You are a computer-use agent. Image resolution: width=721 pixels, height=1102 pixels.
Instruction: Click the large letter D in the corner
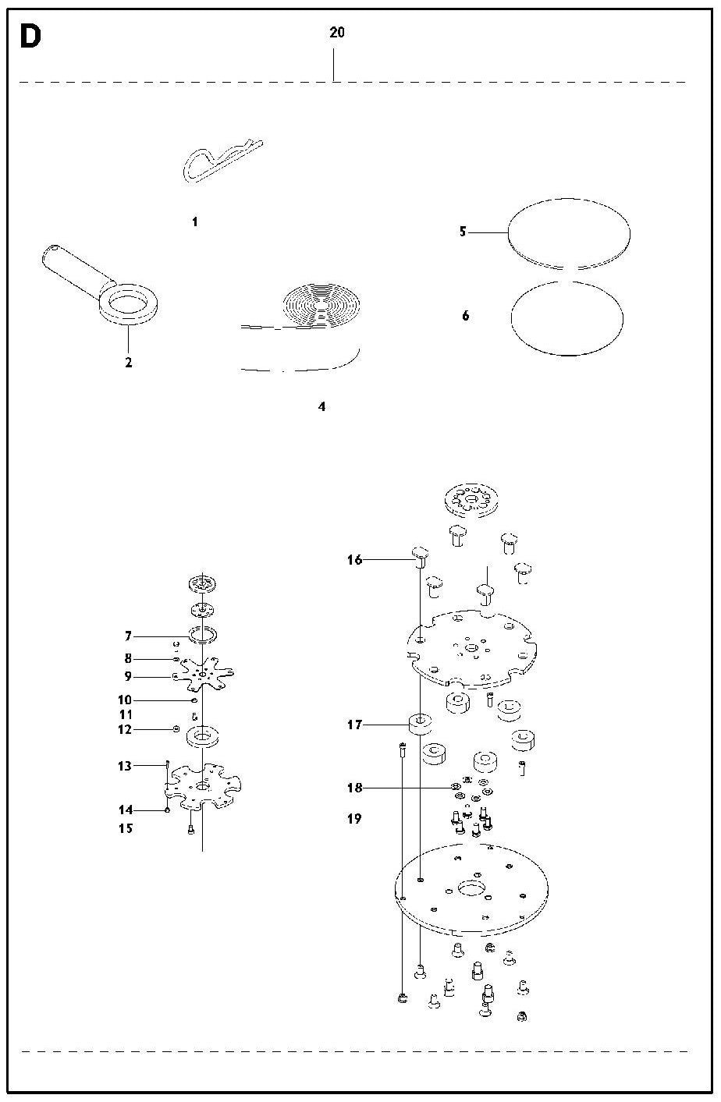pyautogui.click(x=30, y=37)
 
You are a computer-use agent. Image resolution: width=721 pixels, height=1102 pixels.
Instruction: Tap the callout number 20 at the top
pyautogui.click(x=337, y=33)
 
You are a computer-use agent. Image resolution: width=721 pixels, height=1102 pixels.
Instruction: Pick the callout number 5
pyautogui.click(x=463, y=231)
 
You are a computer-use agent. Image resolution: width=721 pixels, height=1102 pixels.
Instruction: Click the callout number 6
pyautogui.click(x=466, y=316)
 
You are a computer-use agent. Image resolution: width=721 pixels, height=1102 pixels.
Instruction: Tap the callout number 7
pyautogui.click(x=128, y=636)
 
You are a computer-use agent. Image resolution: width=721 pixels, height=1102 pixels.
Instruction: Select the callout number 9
pyautogui.click(x=128, y=676)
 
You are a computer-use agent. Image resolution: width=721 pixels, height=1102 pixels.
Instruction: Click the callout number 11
pyautogui.click(x=126, y=714)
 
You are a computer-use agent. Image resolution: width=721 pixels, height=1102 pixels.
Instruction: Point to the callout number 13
pyautogui.click(x=125, y=766)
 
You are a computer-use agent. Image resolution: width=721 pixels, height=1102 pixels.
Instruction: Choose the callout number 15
pyautogui.click(x=126, y=828)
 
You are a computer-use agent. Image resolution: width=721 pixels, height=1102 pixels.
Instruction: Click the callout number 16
pyautogui.click(x=354, y=560)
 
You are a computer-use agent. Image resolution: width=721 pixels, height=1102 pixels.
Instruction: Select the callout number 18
pyautogui.click(x=354, y=788)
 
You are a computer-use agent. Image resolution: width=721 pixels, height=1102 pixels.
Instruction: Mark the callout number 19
pyautogui.click(x=354, y=819)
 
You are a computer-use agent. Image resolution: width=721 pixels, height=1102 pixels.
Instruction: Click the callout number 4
pyautogui.click(x=321, y=406)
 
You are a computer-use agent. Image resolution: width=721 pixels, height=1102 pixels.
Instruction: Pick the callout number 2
pyautogui.click(x=129, y=363)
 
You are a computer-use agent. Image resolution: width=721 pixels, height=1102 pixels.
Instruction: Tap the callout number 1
pyautogui.click(x=195, y=221)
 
